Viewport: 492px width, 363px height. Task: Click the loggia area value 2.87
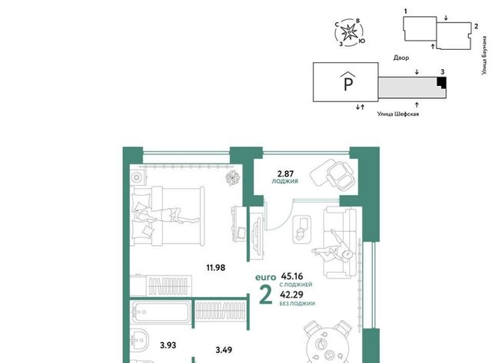pos(285,173)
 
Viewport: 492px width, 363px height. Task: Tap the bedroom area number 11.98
pos(215,268)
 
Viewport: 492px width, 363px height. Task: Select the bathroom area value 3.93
pos(168,345)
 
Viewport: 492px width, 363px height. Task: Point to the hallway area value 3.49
pos(224,350)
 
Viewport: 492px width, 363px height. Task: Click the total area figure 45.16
pos(292,276)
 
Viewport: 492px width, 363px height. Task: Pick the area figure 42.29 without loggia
pos(292,295)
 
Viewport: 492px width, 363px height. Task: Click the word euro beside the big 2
pos(265,278)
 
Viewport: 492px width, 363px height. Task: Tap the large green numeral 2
pos(266,295)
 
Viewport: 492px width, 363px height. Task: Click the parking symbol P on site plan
pos(348,82)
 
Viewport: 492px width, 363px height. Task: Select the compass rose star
pos(348,32)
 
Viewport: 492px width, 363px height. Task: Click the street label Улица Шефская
pos(398,114)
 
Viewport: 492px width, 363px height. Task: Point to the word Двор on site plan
pos(401,58)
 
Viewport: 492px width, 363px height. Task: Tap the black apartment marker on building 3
pos(442,82)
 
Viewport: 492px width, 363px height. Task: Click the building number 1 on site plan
pos(405,12)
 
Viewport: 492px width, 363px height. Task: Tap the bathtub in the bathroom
pos(161,312)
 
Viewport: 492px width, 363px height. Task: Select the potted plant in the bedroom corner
pos(233,177)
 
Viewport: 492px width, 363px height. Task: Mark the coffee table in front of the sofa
pos(302,229)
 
